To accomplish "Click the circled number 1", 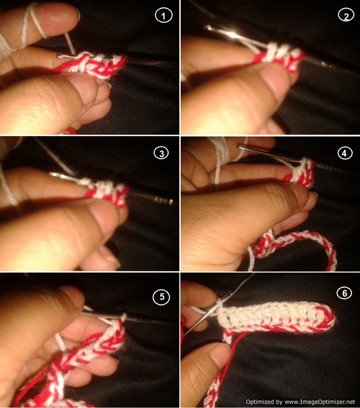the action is [x=163, y=15].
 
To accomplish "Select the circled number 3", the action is [x=161, y=153].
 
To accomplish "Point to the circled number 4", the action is [x=345, y=153].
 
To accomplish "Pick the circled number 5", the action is [x=162, y=297].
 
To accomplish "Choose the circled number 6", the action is [x=345, y=293].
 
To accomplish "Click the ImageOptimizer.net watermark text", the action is [x=300, y=402].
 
